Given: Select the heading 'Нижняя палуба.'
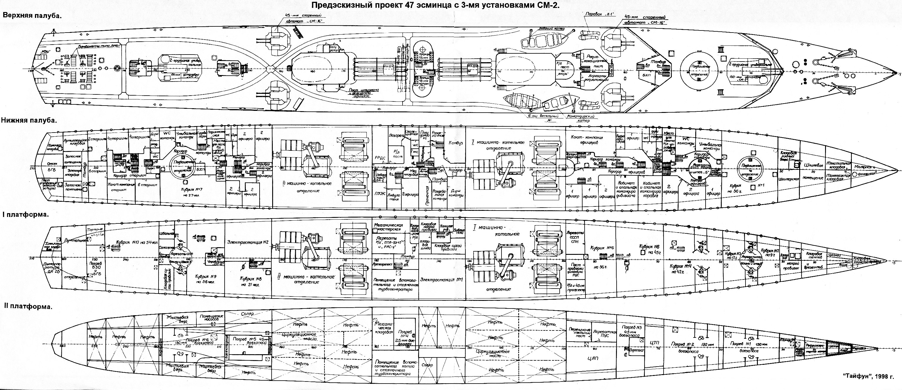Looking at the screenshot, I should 29,120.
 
